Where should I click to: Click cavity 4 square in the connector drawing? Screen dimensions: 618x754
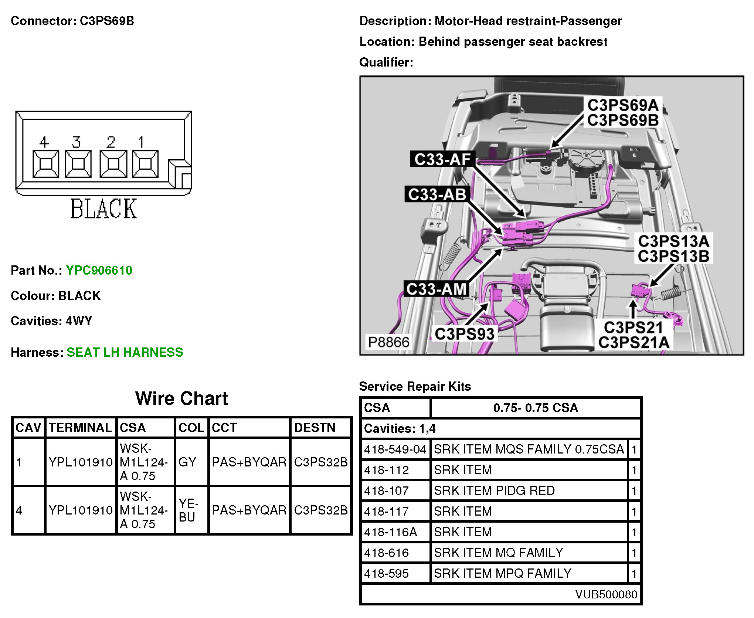pyautogui.click(x=45, y=164)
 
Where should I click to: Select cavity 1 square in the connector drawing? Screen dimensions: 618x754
pyautogui.click(x=145, y=164)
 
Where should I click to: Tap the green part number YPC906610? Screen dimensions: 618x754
pyautogui.click(x=99, y=270)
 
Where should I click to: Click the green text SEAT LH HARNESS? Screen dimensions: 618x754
pyautogui.click(x=125, y=352)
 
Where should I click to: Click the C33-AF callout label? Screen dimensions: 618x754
pyautogui.click(x=442, y=159)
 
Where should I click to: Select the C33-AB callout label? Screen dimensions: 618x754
pyautogui.click(x=437, y=194)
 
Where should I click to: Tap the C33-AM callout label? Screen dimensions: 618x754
pyautogui.click(x=436, y=289)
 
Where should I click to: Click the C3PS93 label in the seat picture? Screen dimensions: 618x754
pyautogui.click(x=464, y=334)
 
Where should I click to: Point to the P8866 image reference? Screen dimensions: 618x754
pyautogui.click(x=388, y=342)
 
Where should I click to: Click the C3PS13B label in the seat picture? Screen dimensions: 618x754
pyautogui.click(x=673, y=256)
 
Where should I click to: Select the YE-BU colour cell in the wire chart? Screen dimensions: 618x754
pyautogui.click(x=188, y=510)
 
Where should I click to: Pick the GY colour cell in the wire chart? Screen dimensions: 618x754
pyautogui.click(x=187, y=462)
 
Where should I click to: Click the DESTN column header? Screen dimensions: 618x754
pyautogui.click(x=315, y=428)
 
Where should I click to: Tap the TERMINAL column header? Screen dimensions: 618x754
pyautogui.click(x=80, y=428)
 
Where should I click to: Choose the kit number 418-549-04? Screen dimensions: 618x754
pyautogui.click(x=395, y=449)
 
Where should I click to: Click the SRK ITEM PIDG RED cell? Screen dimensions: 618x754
pyautogui.click(x=494, y=490)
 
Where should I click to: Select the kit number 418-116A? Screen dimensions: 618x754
pyautogui.click(x=390, y=532)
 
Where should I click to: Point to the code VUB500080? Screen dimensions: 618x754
pyautogui.click(x=606, y=594)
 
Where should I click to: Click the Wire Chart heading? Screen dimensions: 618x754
pyautogui.click(x=181, y=398)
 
